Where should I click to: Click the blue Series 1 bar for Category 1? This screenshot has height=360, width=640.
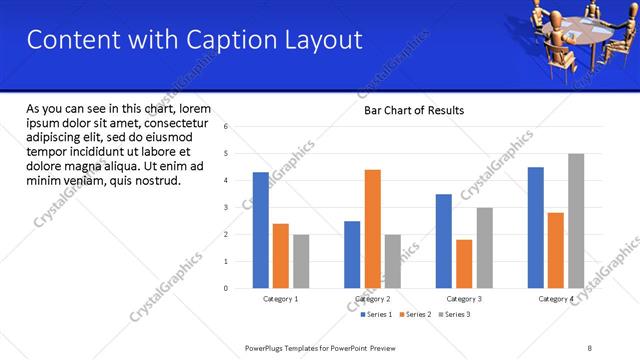pyautogui.click(x=261, y=230)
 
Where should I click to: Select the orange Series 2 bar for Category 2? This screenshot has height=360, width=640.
pyautogui.click(x=372, y=229)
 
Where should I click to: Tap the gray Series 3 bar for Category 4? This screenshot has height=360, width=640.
pyautogui.click(x=576, y=221)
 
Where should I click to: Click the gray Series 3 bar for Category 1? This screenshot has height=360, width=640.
pyautogui.click(x=301, y=261)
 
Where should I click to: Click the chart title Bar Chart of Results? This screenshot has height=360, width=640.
pyautogui.click(x=413, y=110)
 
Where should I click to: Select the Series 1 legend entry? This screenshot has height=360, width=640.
pyautogui.click(x=377, y=315)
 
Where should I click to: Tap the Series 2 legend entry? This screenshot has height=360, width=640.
pyautogui.click(x=417, y=315)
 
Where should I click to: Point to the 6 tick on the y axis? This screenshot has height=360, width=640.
pyautogui.click(x=227, y=127)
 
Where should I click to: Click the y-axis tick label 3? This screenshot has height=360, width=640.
pyautogui.click(x=227, y=208)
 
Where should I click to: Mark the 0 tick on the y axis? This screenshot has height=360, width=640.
pyautogui.click(x=227, y=288)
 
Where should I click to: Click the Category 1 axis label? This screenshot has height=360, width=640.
pyautogui.click(x=281, y=299)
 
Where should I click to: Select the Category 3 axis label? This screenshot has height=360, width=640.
pyautogui.click(x=464, y=299)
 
